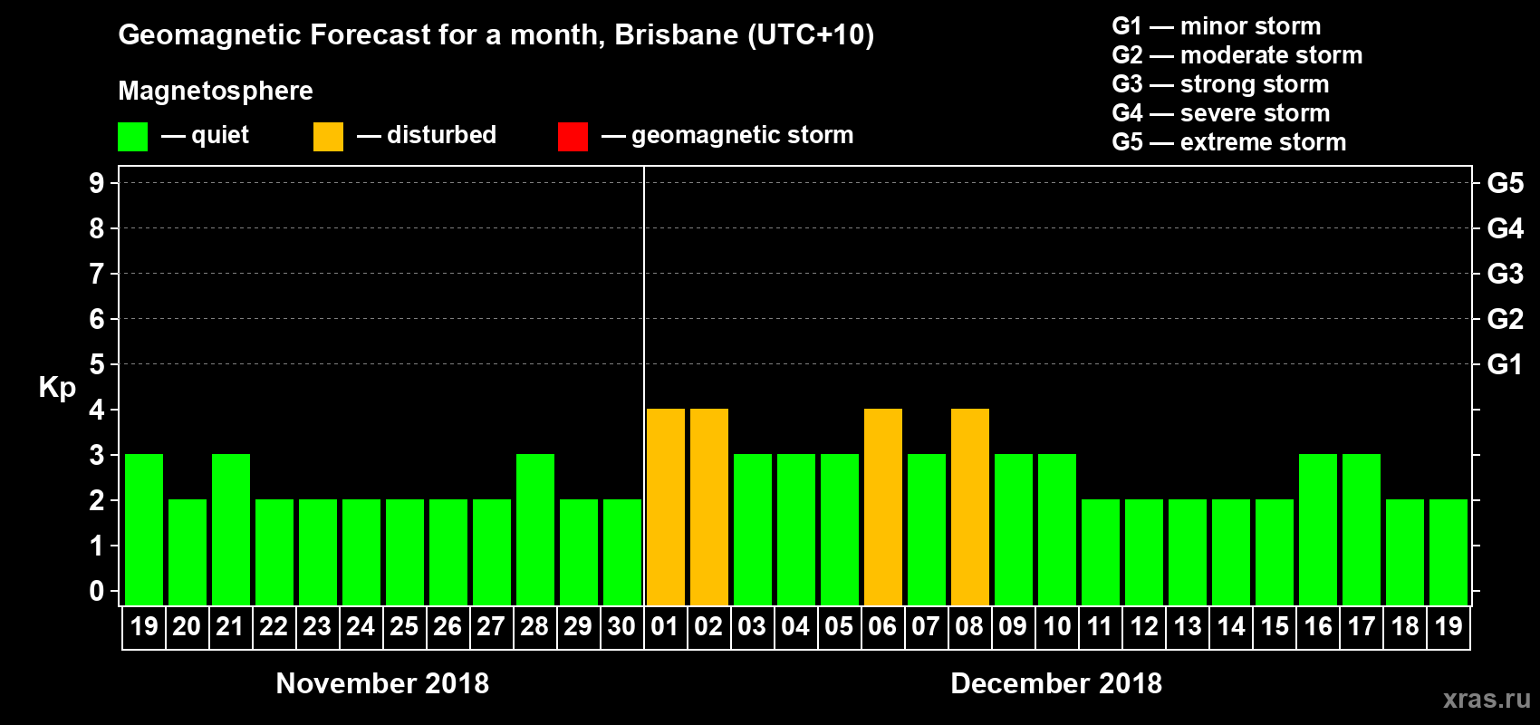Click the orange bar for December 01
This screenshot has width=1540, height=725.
coord(666,507)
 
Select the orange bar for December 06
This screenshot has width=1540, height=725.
coord(883,507)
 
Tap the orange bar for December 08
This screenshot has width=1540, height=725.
coord(970,507)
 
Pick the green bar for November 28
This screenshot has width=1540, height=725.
coord(535,530)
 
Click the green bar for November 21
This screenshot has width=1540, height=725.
coord(231,530)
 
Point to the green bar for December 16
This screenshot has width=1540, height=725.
coord(1318,530)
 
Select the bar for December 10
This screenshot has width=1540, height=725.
coord(1057,530)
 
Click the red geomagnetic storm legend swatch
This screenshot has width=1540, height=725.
coord(573,137)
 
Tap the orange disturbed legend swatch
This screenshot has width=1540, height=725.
coord(328,137)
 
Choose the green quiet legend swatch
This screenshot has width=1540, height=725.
coord(132,137)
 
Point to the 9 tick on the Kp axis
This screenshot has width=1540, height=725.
coord(97,183)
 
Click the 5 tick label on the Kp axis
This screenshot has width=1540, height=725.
coord(97,364)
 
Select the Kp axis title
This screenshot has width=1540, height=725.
coord(57,388)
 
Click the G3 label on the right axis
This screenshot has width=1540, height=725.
coord(1505,274)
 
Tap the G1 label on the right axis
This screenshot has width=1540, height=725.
coord(1505,364)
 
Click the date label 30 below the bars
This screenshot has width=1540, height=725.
coord(621,627)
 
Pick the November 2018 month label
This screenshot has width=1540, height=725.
coord(382,683)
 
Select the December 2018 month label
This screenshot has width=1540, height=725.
coord(1056,683)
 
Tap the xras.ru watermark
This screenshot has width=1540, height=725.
coord(1487,699)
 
